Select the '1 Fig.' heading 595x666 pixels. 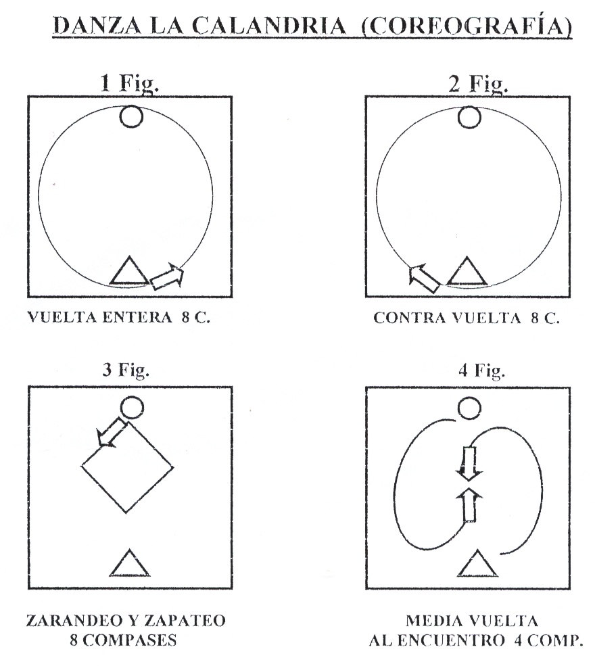coord(130,84)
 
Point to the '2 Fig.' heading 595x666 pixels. coord(478,84)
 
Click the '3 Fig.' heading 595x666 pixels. coord(126,371)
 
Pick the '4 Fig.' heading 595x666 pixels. coord(481,371)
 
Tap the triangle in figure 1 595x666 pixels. coord(130,270)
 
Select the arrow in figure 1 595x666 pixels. coord(168,277)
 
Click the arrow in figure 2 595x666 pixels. coord(424,278)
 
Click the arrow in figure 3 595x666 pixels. coord(112,431)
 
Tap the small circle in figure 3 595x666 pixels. coord(132,408)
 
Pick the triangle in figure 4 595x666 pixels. coord(478,563)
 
